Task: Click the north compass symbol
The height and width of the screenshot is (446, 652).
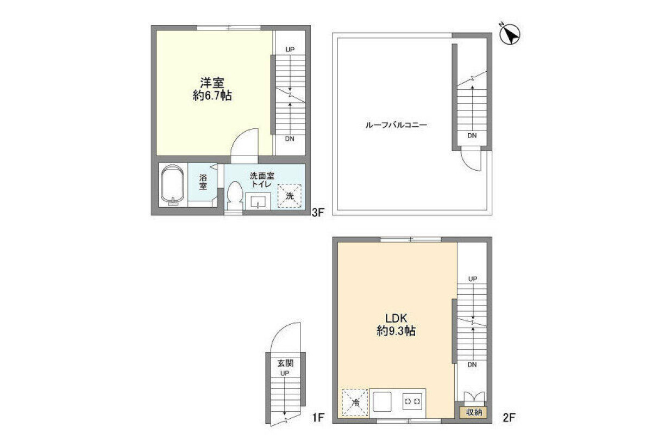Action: (510, 34)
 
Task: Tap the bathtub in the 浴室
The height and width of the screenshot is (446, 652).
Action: (173, 185)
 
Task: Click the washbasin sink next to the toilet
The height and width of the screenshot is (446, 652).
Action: (258, 201)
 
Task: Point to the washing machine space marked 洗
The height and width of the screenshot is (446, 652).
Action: (290, 196)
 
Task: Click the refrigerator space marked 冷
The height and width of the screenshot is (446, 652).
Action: (355, 402)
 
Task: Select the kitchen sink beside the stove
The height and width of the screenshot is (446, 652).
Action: (382, 402)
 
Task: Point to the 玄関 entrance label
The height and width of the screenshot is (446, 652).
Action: (285, 363)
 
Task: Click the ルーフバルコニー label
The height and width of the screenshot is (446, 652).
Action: (396, 125)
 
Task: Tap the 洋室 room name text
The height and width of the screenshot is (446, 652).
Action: (212, 83)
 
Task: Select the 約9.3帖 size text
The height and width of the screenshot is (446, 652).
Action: (396, 331)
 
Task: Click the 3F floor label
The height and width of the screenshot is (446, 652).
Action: (318, 213)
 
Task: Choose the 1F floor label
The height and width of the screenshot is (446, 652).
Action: (318, 418)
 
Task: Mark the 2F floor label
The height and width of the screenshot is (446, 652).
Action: (509, 418)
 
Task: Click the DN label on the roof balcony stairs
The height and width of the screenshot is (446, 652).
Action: (472, 135)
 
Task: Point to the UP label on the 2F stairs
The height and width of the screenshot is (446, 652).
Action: (473, 279)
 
